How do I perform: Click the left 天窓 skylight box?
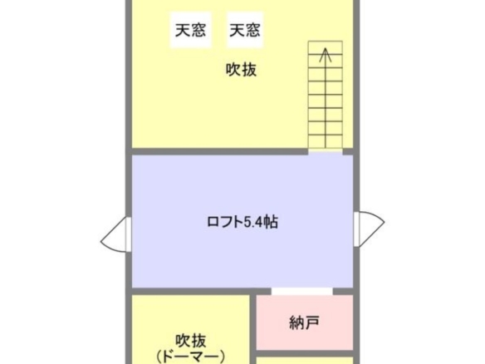[190, 30]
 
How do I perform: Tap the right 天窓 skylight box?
[245, 30]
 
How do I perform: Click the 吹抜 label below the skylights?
[242, 69]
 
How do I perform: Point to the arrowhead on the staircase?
[325, 55]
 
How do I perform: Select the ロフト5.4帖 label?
[242, 222]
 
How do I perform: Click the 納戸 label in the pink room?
[304, 322]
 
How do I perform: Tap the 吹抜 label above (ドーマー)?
[190, 341]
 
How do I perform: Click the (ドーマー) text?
[190, 357]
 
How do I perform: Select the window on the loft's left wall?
[116, 234]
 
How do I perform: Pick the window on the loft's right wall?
[369, 229]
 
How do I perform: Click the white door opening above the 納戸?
[302, 292]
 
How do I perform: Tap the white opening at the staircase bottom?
[326, 151]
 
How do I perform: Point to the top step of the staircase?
[326, 47]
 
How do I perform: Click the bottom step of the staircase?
[326, 142]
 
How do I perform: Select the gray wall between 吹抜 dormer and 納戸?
[253, 329]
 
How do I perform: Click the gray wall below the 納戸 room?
[305, 354]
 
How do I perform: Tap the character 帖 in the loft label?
[271, 222]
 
